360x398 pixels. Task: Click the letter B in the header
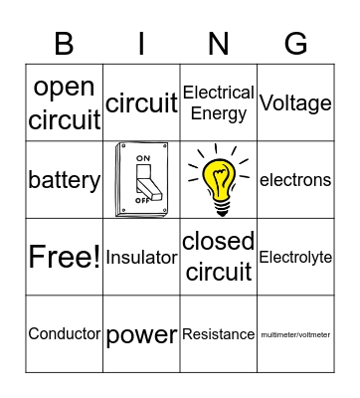[65, 44]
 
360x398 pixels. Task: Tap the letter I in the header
[141, 44]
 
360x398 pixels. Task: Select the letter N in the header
[219, 44]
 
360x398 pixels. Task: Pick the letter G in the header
[295, 44]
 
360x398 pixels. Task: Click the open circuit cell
[65, 103]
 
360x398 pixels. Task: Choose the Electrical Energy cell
[219, 103]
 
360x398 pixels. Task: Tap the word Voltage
[295, 102]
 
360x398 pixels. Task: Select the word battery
[65, 180]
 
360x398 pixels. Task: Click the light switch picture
[140, 180]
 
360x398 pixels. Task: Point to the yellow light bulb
[219, 179]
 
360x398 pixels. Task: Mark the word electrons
[295, 180]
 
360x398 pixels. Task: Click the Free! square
[65, 257]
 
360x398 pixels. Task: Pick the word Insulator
[141, 257]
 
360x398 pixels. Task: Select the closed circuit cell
[219, 257]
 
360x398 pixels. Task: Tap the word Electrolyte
[295, 257]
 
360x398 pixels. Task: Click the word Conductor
[65, 334]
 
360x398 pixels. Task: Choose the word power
[141, 334]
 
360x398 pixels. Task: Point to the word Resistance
[219, 334]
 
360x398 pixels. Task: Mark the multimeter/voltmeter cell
[295, 334]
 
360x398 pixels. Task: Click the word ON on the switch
[142, 157]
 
